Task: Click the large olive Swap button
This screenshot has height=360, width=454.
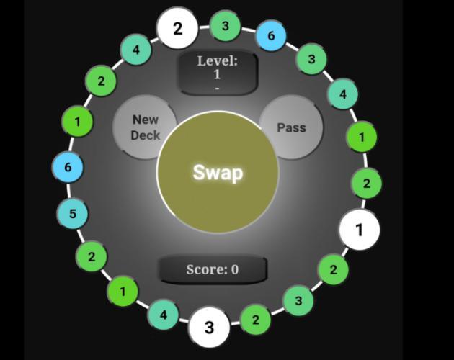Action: (218, 173)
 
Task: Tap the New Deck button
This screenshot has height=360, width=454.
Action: (145, 127)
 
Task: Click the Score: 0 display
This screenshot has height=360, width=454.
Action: (213, 269)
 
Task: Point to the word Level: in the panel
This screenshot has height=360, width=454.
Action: (217, 61)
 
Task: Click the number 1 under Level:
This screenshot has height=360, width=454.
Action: (217, 74)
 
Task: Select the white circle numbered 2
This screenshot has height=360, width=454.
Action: (177, 29)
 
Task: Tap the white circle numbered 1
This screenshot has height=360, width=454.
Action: (359, 230)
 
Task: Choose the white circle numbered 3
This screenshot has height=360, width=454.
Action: (209, 328)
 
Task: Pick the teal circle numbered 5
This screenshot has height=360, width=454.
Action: (73, 214)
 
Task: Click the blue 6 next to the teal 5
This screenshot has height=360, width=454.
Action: (68, 167)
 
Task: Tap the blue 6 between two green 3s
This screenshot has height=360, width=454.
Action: (271, 36)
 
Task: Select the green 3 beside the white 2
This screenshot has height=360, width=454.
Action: (226, 27)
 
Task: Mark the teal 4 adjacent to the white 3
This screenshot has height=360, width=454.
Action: (164, 315)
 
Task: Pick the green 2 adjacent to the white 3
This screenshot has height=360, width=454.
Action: (255, 320)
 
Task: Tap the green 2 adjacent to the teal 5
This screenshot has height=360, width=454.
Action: (92, 256)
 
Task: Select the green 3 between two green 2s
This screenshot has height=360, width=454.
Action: (298, 300)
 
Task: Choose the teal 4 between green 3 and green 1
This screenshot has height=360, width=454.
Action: (343, 94)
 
